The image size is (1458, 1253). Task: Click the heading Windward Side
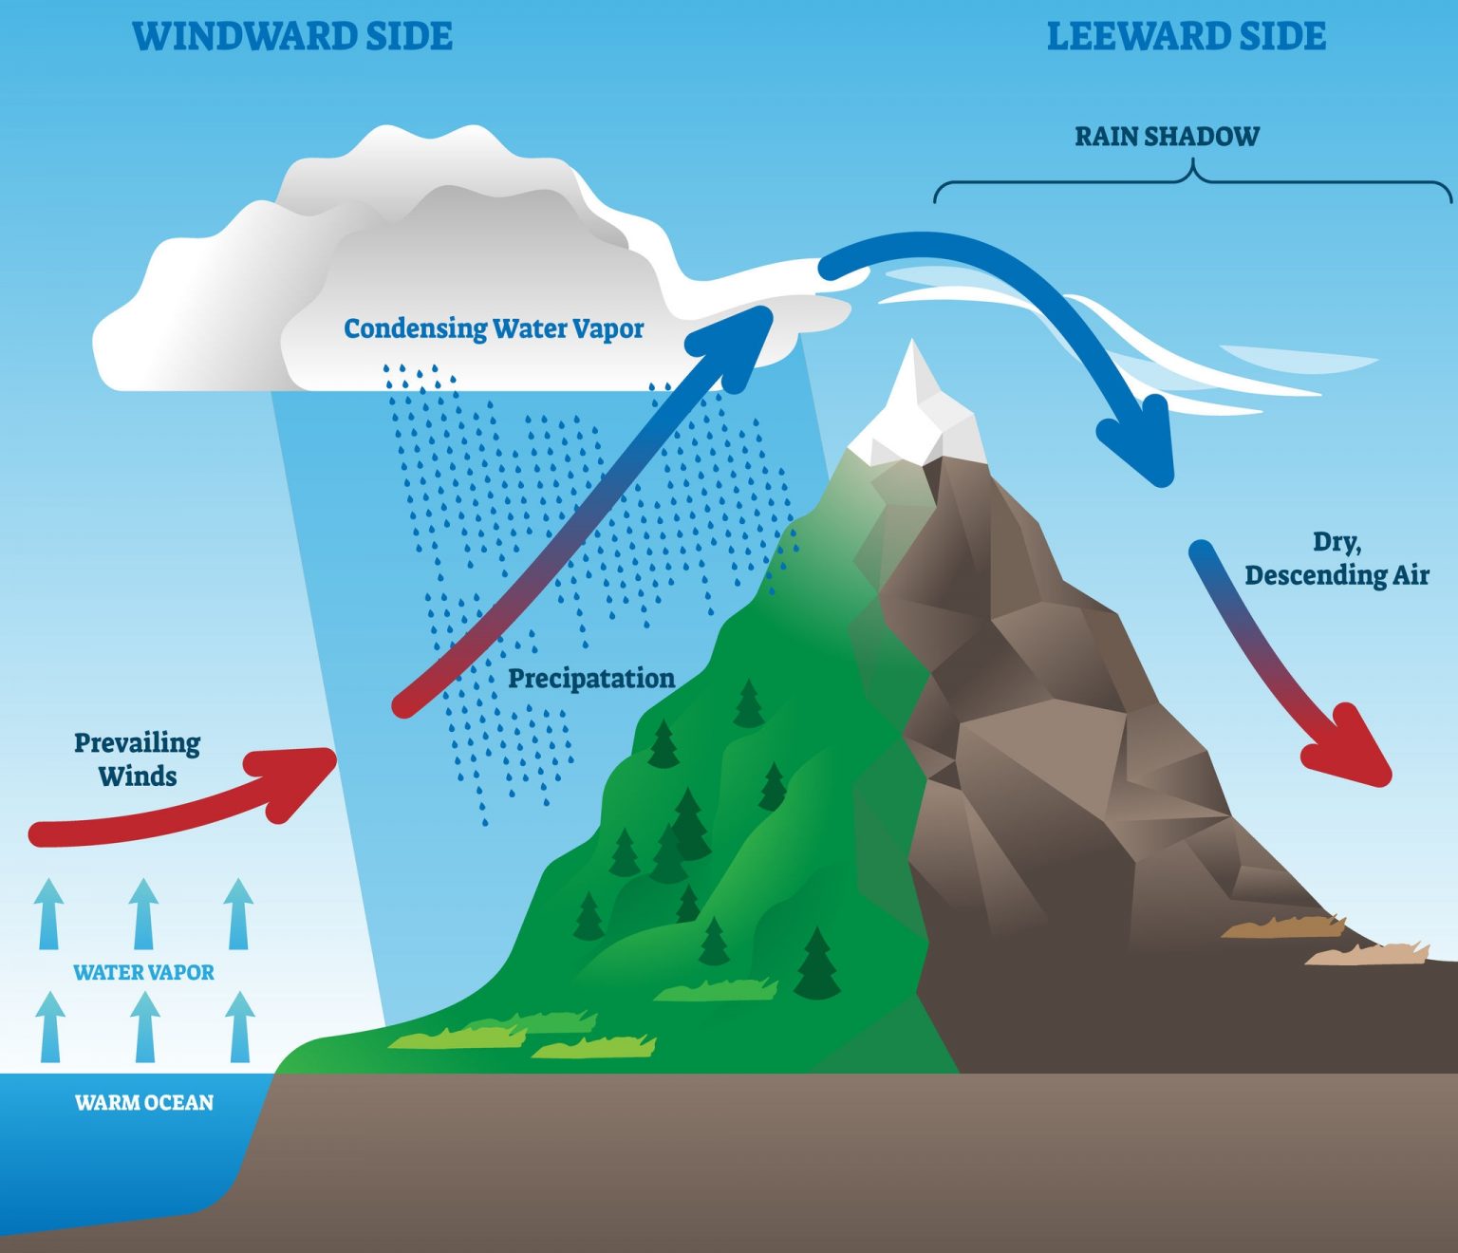pyautogui.click(x=292, y=36)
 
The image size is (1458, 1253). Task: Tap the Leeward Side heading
pyautogui.click(x=1186, y=36)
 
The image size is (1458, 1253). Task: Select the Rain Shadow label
pyautogui.click(x=1167, y=137)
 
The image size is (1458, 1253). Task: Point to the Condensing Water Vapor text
pyautogui.click(x=494, y=328)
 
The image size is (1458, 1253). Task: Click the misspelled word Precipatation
pyautogui.click(x=591, y=679)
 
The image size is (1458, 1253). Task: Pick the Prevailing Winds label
pyautogui.click(x=138, y=759)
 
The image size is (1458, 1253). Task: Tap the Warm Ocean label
pyautogui.click(x=144, y=1103)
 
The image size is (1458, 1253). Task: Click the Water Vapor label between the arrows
pyautogui.click(x=144, y=972)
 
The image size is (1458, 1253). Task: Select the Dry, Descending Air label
pyautogui.click(x=1336, y=559)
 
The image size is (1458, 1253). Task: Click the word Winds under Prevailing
pyautogui.click(x=138, y=776)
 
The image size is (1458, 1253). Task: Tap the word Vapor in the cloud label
pyautogui.click(x=607, y=328)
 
